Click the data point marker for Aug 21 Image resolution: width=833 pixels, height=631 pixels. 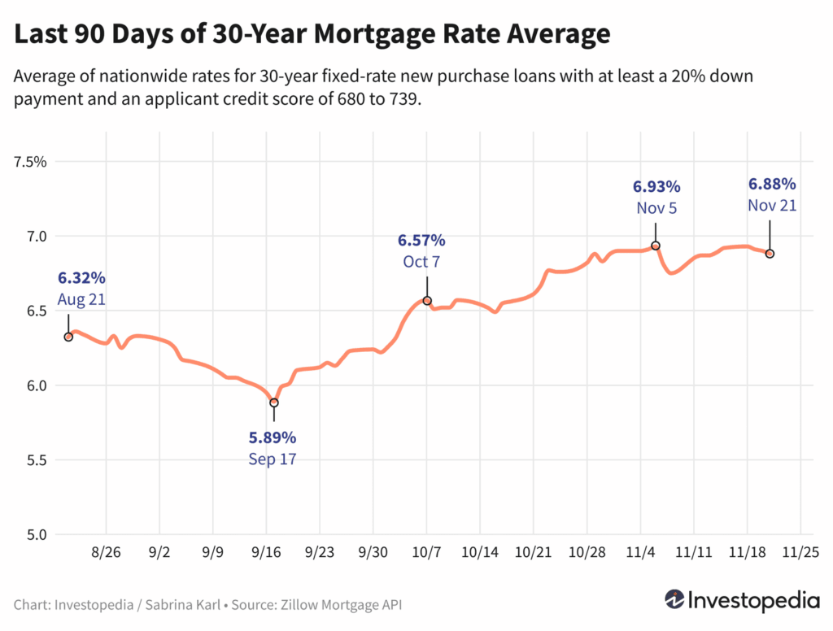pyautogui.click(x=68, y=337)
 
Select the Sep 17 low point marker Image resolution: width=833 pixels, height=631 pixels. pyautogui.click(x=274, y=403)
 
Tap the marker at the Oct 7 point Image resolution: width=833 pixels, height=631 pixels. pyautogui.click(x=427, y=300)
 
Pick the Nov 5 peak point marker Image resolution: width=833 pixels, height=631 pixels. pyautogui.click(x=656, y=246)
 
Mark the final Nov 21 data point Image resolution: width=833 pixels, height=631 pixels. pyautogui.click(x=770, y=254)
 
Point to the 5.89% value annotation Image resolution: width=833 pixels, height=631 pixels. pyautogui.click(x=273, y=438)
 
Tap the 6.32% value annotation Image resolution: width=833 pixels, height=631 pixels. pyautogui.click(x=81, y=278)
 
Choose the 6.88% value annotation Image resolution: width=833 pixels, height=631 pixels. pyautogui.click(x=772, y=184)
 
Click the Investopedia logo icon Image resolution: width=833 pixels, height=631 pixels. pyautogui.click(x=674, y=600)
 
